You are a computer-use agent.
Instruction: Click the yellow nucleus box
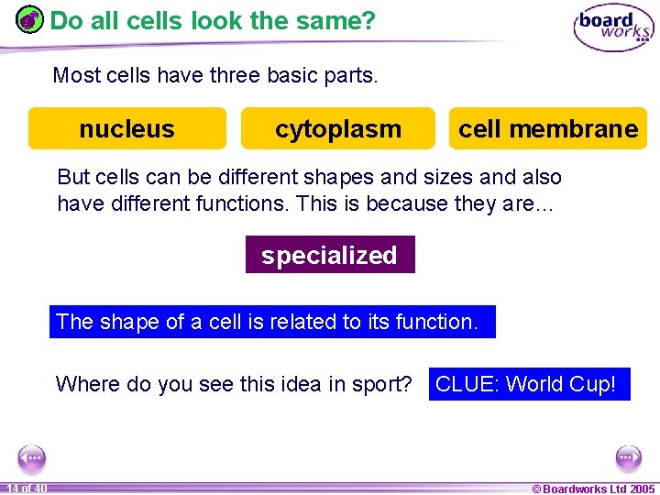click(126, 128)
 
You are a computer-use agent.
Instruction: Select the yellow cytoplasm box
click(337, 128)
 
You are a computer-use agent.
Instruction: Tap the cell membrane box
click(547, 128)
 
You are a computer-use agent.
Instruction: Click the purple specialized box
click(329, 255)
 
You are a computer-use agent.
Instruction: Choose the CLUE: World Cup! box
click(526, 384)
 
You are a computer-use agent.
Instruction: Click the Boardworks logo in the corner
click(613, 28)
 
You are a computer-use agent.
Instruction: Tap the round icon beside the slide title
click(30, 19)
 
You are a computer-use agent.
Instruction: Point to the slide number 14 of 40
click(26, 488)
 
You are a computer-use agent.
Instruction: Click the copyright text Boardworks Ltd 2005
click(593, 489)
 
